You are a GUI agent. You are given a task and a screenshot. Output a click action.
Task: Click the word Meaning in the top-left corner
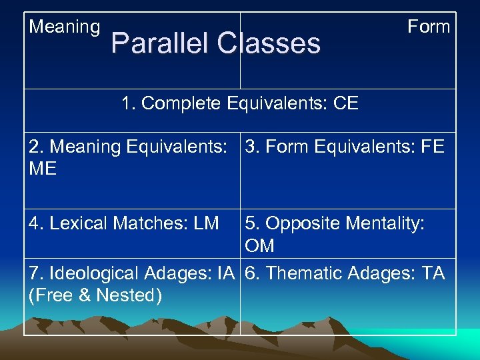click(x=65, y=27)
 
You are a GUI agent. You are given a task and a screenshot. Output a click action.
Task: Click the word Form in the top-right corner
click(x=429, y=27)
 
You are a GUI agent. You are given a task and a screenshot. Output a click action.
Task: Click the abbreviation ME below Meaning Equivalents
click(x=43, y=169)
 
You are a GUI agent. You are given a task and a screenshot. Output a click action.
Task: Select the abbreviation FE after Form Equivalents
click(x=431, y=147)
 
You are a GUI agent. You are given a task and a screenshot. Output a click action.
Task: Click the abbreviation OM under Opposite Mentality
click(x=259, y=246)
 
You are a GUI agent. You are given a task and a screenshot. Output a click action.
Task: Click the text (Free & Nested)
click(x=95, y=295)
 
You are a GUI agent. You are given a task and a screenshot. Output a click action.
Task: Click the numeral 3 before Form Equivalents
click(x=251, y=147)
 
